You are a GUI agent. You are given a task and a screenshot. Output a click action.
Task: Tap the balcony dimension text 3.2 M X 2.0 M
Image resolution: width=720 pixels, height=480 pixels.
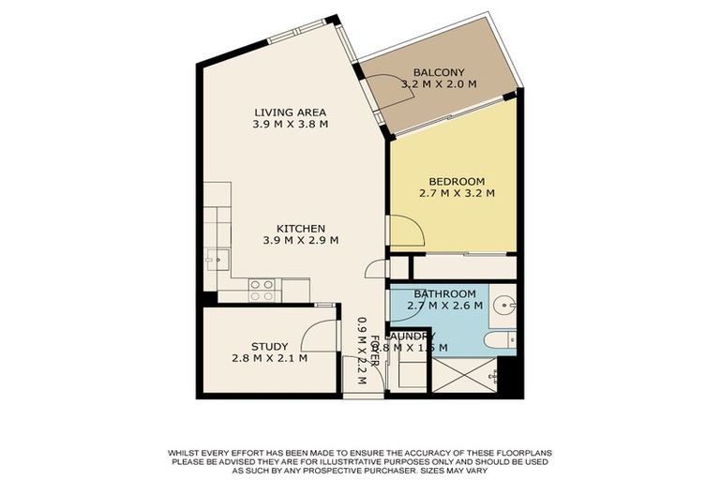point(439,84)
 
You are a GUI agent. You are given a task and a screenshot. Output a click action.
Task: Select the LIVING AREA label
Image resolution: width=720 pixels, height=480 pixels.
point(290,112)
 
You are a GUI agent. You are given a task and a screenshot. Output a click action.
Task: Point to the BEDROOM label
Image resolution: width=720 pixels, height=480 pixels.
point(457,181)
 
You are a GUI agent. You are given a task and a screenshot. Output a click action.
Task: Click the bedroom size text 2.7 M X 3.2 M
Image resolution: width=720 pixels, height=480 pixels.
point(457,193)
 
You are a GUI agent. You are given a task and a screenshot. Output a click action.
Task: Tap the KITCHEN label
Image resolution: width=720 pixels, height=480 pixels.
point(300,228)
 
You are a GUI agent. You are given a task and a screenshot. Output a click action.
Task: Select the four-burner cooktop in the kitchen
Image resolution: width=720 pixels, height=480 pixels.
point(262,290)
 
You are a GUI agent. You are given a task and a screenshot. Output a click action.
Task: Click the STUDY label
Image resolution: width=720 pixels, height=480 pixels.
point(269,346)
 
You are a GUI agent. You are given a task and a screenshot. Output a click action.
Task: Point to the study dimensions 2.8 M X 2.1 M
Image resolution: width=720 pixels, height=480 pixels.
point(269,358)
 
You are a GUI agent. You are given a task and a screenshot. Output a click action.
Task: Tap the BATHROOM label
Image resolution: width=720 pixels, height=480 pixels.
point(445,293)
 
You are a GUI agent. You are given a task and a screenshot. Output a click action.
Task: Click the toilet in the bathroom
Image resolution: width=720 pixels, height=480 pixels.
point(503,339)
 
